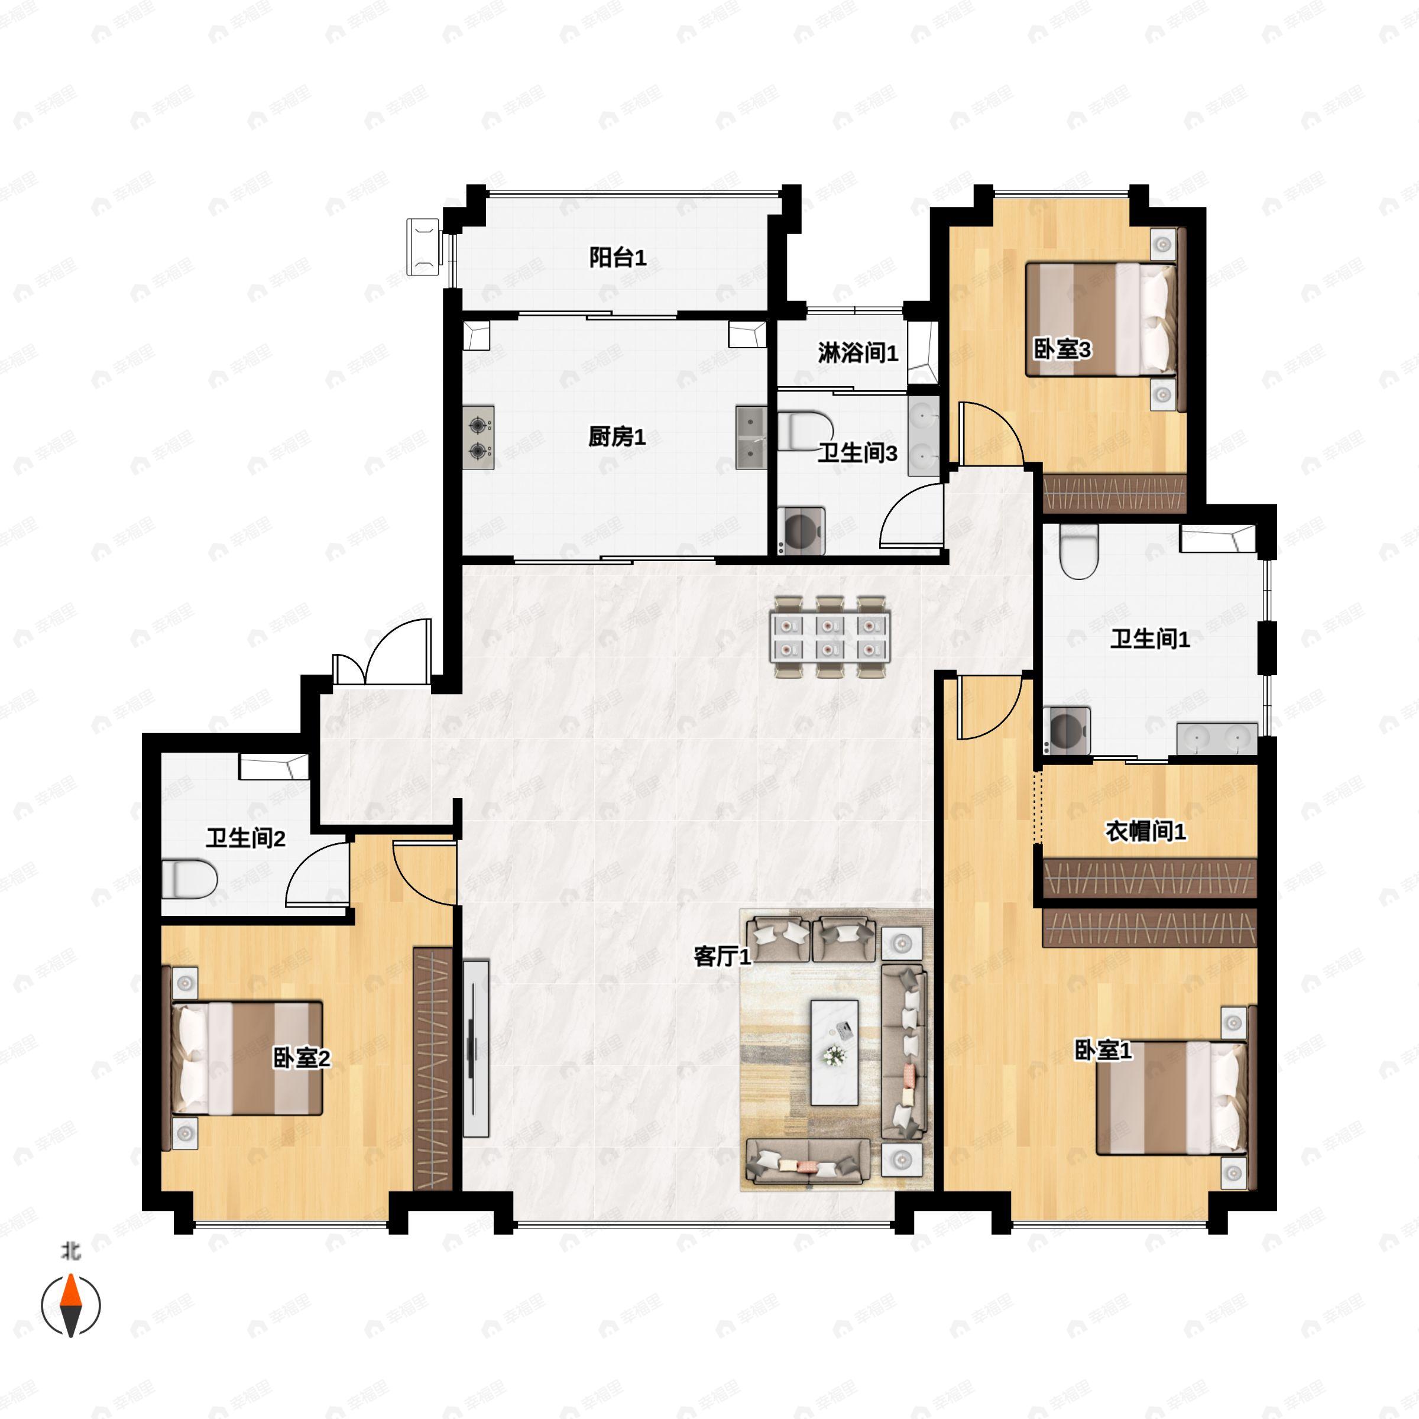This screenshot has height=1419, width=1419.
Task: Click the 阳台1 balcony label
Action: tap(618, 258)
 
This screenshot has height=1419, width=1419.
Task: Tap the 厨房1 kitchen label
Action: tap(616, 437)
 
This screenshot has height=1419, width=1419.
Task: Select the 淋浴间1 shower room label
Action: tap(857, 354)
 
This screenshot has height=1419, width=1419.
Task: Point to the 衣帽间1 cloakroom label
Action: tap(1145, 831)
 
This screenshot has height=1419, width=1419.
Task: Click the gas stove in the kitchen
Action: tap(478, 437)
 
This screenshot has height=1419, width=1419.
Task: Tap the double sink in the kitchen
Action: tap(751, 438)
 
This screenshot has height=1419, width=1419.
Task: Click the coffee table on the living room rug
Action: tap(834, 1052)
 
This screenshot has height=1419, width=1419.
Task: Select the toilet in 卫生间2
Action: tap(189, 879)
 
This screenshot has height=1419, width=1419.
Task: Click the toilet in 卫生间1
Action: tap(1078, 552)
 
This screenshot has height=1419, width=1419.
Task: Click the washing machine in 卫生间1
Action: tap(1067, 730)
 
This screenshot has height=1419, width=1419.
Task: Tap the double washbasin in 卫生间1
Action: tap(1217, 738)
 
